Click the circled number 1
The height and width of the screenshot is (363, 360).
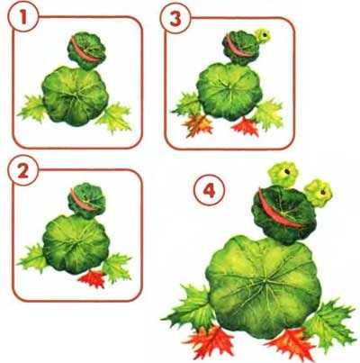point(23,17)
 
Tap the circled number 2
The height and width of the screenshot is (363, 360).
point(23,171)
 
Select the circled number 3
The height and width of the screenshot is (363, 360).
point(175,19)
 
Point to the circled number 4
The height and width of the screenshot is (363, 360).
point(209,190)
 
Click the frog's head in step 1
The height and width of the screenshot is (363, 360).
point(86,50)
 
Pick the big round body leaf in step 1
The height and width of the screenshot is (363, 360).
point(75,95)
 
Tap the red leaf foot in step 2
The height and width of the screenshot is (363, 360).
point(93,278)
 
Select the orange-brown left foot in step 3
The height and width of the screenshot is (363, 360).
point(198,124)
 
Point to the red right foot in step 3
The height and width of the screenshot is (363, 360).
point(246,126)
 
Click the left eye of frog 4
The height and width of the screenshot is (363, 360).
point(283,174)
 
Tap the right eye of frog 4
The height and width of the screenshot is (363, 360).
point(319,193)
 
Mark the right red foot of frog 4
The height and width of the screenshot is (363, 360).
point(291,344)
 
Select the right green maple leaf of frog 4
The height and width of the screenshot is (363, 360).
point(330,322)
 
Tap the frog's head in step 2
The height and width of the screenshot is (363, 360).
point(86,201)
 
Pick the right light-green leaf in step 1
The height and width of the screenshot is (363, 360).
point(114,117)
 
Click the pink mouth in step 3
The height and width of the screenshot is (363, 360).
point(238,48)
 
